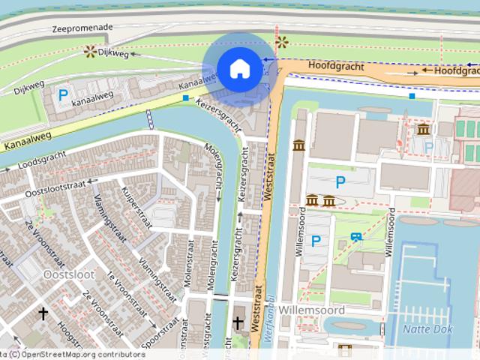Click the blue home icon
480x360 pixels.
coord(239,69)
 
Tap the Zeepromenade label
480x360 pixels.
coord(82,28)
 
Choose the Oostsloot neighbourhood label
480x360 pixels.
coord(69,274)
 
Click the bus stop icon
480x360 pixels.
coord(355,237)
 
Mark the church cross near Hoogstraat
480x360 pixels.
coord(43,313)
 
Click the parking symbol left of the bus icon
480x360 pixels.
coord(316,241)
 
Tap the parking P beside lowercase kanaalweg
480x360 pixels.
coord(63,95)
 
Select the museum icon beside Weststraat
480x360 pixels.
coord(298,144)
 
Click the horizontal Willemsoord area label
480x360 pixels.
coord(311,310)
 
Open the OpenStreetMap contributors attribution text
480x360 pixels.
coord(82,355)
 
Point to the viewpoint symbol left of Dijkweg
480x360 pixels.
coord(90,51)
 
